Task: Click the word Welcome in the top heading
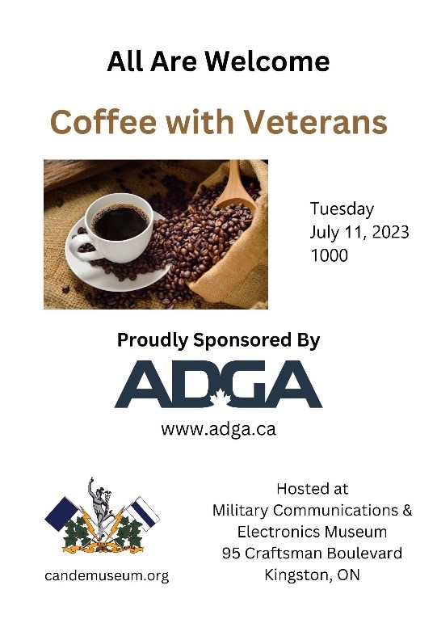coord(268,61)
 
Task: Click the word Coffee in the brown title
coord(104,121)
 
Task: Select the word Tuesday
coord(342,208)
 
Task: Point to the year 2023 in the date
coord(390,232)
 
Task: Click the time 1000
coord(330,255)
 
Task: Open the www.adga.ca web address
coord(218,429)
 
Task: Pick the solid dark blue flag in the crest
coord(61,514)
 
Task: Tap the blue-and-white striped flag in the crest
coord(143,513)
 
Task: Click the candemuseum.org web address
coord(107,575)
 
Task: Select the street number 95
coord(231,553)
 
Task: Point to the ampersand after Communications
coord(407,510)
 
